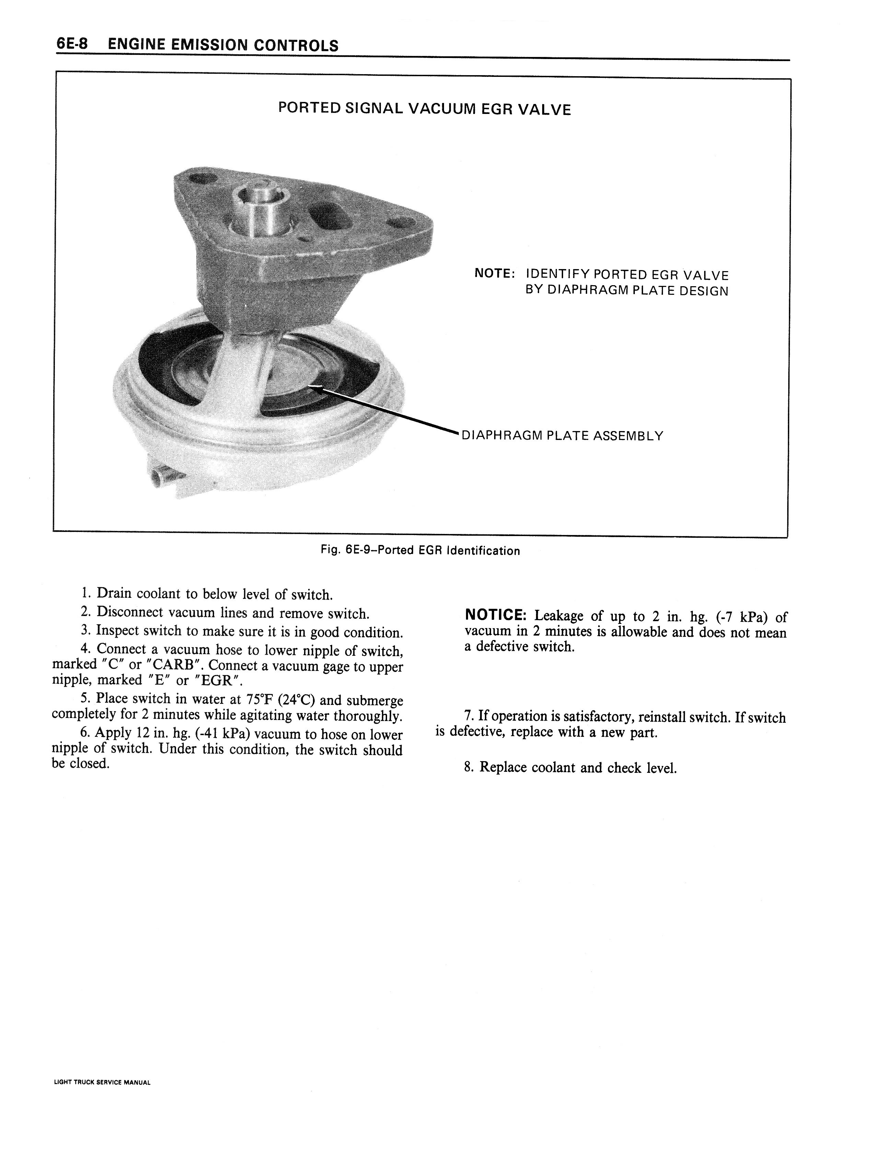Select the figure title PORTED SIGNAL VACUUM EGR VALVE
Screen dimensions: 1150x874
coord(424,109)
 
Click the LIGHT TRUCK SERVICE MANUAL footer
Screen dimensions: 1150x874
coord(102,1082)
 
